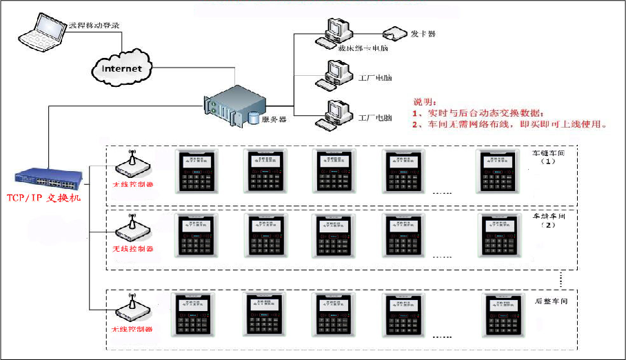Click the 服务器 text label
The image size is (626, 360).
click(x=274, y=119)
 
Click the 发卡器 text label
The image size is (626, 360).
click(x=423, y=33)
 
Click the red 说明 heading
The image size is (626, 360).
click(x=425, y=101)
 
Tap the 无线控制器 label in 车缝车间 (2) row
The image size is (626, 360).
click(x=132, y=248)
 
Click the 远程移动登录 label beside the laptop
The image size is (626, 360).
click(x=94, y=26)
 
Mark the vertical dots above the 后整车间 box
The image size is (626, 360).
click(x=562, y=279)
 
